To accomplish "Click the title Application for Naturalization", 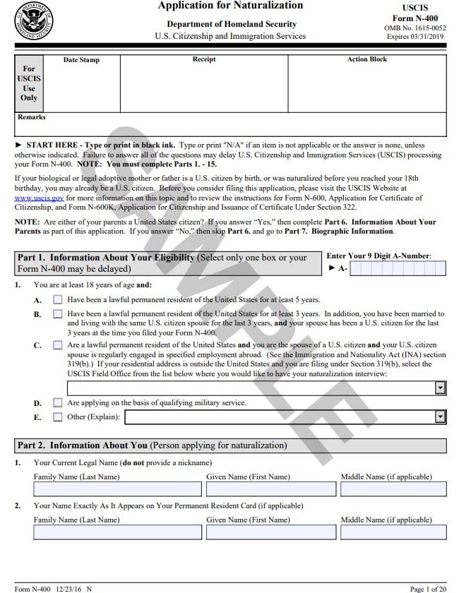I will (230, 6).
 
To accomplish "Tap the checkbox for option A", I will (58, 299).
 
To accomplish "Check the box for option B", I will (58, 313).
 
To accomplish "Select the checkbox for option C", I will (58, 345).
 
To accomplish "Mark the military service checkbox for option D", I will (58, 402).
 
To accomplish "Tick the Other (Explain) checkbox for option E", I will (58, 417).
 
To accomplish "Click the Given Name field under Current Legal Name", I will (271, 489).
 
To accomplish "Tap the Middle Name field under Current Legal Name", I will (393, 489).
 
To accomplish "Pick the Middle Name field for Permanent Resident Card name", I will (393, 532).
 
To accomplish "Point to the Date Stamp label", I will (81, 60).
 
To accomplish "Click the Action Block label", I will (366, 59).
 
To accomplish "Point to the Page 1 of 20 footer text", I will (428, 588).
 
